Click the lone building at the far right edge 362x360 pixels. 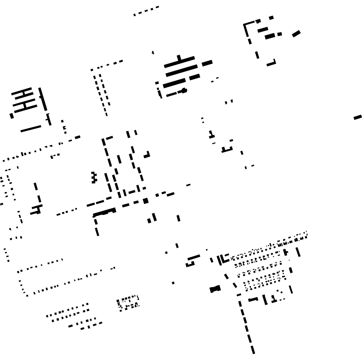click(x=357, y=117)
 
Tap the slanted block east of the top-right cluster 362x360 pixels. click(x=296, y=34)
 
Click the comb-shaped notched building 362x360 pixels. click(x=93, y=178)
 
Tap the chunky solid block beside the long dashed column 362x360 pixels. click(x=215, y=289)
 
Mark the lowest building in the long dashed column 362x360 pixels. click(x=253, y=349)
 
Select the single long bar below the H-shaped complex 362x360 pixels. click(x=31, y=129)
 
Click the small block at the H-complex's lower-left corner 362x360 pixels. click(x=12, y=116)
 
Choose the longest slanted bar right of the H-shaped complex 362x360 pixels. click(x=42, y=99)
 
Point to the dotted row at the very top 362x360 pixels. click(x=146, y=11)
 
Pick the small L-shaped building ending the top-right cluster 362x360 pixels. click(x=272, y=63)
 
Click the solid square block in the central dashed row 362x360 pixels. click(x=146, y=201)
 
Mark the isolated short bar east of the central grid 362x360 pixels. click(x=188, y=185)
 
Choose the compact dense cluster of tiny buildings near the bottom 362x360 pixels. click(x=128, y=303)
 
